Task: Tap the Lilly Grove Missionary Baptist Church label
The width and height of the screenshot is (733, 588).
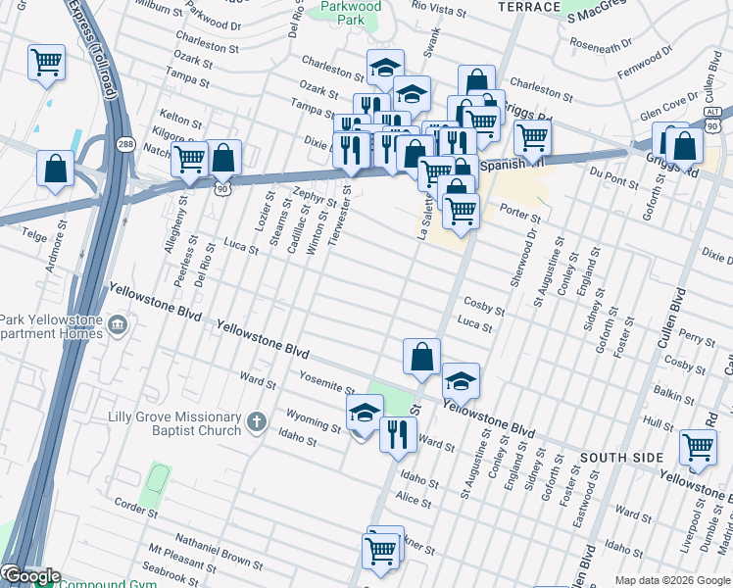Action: tap(175, 423)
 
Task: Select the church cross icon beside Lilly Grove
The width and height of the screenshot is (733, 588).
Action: tap(256, 422)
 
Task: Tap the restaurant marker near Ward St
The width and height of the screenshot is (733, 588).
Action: tap(397, 433)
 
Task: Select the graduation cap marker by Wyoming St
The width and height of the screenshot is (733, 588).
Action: tap(365, 413)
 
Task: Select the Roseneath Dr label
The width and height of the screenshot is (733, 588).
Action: tap(607, 46)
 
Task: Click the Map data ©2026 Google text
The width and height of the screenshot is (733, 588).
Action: tap(672, 580)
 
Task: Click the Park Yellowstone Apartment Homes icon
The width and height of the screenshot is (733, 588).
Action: tap(118, 324)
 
